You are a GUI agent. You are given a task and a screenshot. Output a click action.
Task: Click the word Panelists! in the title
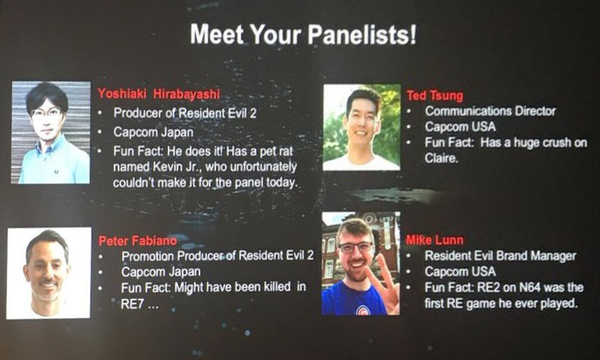point(362,34)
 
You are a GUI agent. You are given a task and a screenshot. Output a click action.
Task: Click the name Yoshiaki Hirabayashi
point(159,94)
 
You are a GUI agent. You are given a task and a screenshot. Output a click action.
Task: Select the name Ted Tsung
point(435,96)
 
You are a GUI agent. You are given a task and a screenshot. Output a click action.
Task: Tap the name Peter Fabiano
point(138,241)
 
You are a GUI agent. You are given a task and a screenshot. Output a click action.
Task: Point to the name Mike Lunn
point(435,240)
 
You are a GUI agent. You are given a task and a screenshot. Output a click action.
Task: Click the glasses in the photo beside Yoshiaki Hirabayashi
point(47,113)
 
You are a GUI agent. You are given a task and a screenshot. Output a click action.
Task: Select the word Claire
point(441,158)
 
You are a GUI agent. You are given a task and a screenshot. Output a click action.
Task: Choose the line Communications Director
point(490,111)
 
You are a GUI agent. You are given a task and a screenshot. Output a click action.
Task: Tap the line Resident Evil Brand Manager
point(500,255)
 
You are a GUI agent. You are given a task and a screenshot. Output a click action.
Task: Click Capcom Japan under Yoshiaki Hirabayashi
point(153,133)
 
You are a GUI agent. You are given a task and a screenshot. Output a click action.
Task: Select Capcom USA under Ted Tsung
point(460,127)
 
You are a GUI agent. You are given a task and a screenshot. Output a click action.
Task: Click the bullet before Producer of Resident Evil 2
point(100,114)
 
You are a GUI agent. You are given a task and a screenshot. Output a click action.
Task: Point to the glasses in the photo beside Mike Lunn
point(355,247)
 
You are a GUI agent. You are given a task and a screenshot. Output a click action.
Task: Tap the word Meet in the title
point(217,34)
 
